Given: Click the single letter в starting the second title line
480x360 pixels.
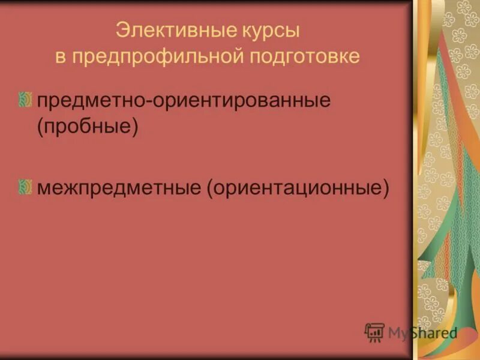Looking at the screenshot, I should tap(60, 56).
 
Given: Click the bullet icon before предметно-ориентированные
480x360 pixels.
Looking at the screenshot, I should tap(25, 100).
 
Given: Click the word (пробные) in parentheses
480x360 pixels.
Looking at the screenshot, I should tap(88, 128).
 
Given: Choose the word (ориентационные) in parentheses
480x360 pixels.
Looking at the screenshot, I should tap(298, 188).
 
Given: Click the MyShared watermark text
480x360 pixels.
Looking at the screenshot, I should tap(422, 332).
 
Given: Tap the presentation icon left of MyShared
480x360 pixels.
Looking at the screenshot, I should tap(374, 332).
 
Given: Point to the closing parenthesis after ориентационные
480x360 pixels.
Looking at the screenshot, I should tap(386, 188).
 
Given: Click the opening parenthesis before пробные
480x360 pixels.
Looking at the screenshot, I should tap(41, 128).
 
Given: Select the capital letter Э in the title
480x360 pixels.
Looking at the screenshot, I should tap(121, 29).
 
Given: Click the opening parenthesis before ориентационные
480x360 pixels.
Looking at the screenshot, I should tap(211, 188).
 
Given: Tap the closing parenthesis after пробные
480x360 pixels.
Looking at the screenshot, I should tap(135, 128).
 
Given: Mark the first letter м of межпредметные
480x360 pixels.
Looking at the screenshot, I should tap(44, 188).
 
